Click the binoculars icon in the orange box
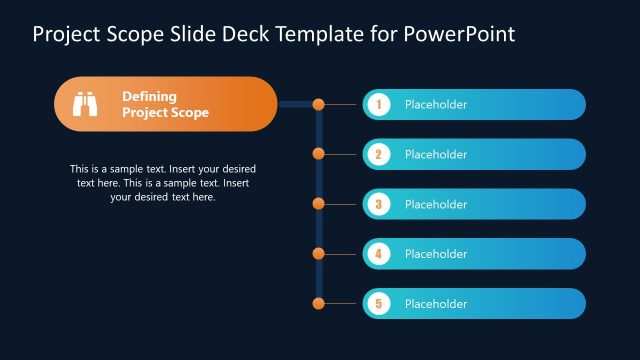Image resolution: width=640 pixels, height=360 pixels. click(85, 104)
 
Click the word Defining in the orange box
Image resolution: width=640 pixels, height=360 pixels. click(149, 96)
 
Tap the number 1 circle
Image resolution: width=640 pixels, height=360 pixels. click(378, 104)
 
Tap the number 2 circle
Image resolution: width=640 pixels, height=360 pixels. click(378, 154)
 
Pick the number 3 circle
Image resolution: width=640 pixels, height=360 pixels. click(378, 204)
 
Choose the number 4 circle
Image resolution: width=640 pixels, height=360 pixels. click(378, 254)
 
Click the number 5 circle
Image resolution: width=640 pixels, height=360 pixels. click(378, 304)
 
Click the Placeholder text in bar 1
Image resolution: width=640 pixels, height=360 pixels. click(435, 104)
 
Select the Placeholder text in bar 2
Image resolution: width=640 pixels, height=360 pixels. click(435, 154)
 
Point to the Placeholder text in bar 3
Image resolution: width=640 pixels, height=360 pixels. click(435, 204)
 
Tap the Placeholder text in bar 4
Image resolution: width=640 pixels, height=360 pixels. click(435, 254)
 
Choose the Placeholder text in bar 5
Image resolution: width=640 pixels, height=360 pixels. click(435, 304)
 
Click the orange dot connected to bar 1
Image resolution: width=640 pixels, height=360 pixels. click(319, 104)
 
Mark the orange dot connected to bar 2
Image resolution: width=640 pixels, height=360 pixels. click(319, 154)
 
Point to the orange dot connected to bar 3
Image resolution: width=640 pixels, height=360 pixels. click(319, 203)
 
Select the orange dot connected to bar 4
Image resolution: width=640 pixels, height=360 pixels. click(319, 254)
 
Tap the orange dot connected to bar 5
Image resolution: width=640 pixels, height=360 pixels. click(319, 303)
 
